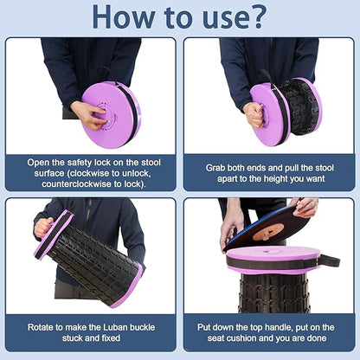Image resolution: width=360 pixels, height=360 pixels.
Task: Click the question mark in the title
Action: click(x=253, y=16)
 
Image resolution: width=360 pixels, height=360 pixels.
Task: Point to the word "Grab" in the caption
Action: click(x=215, y=168)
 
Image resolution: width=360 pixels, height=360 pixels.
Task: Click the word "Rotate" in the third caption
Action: click(x=41, y=327)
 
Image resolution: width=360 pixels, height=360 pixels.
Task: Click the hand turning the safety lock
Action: click(x=87, y=115)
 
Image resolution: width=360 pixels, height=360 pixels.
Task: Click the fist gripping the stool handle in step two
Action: click(x=254, y=115)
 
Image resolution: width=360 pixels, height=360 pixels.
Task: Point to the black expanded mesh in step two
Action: click(x=297, y=107)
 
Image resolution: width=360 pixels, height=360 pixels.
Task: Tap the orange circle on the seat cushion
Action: click(x=267, y=232)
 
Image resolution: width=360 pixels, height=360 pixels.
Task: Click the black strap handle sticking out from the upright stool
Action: click(x=329, y=260)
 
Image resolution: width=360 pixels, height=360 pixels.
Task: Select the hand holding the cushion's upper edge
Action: click(x=305, y=207)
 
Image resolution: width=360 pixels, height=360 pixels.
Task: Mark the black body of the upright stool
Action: click(x=273, y=293)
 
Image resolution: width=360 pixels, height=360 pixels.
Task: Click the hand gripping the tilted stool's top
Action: click(x=43, y=227)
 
